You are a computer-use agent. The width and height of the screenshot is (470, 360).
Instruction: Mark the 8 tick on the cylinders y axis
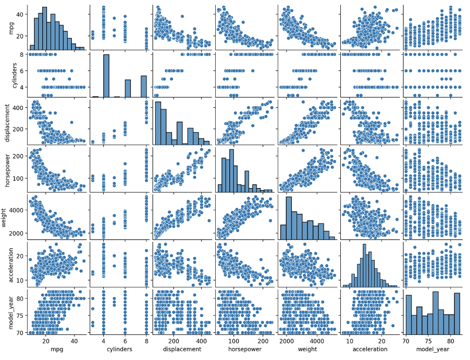(20, 54)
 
